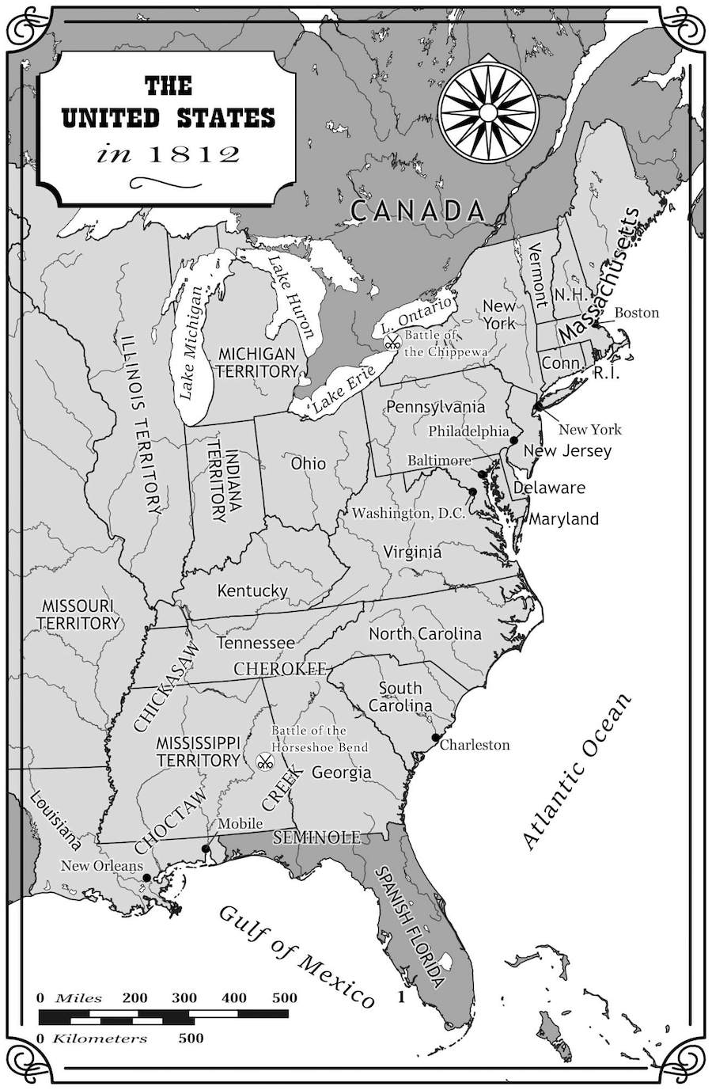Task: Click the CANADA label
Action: tap(417, 211)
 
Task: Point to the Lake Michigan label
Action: tap(189, 342)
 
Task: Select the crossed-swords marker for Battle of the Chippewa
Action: tap(392, 343)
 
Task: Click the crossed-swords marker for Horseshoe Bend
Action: tap(265, 762)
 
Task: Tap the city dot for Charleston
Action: tap(435, 738)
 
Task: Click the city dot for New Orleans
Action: tap(146, 878)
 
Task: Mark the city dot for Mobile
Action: tap(206, 849)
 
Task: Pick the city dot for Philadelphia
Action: tap(513, 439)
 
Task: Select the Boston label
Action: tap(636, 313)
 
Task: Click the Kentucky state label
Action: tap(252, 591)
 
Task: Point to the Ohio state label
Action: tap(308, 463)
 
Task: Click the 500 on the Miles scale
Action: tap(284, 997)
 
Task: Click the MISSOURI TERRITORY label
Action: tap(78, 614)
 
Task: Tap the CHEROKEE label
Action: tap(280, 670)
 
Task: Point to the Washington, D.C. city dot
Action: tap(472, 492)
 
